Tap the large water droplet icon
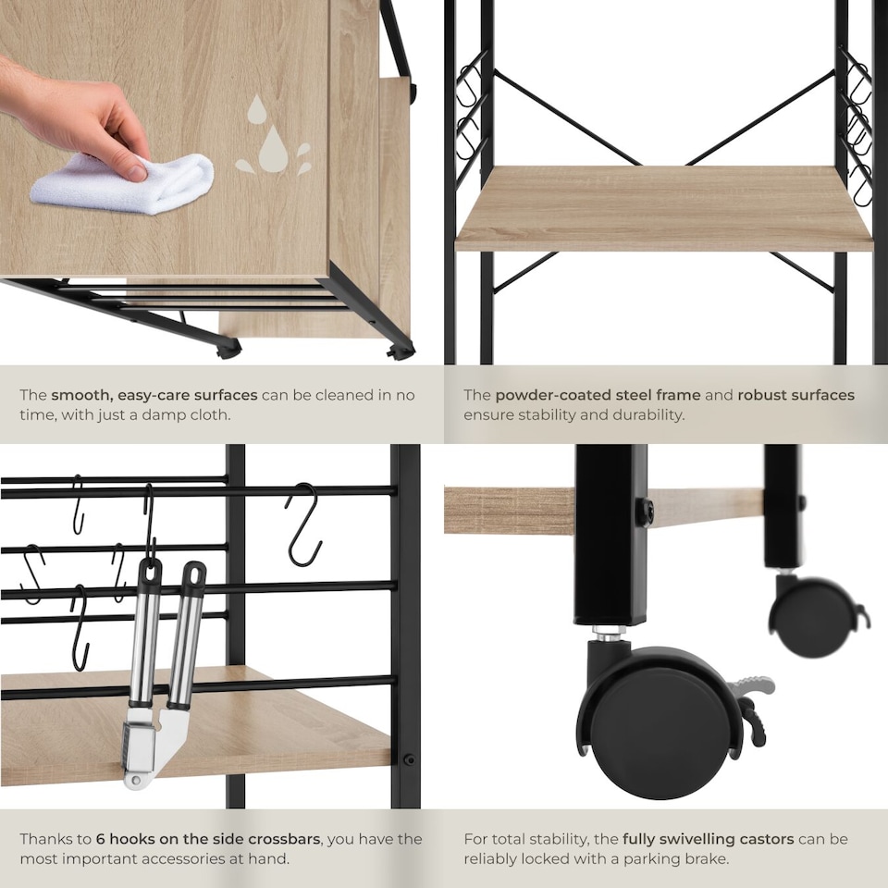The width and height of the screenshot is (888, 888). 272,149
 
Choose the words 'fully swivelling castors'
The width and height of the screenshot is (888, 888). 708,839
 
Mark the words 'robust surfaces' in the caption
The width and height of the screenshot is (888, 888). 795,395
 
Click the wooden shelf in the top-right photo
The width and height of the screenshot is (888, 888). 662,208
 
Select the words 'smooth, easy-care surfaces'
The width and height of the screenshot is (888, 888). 154,395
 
